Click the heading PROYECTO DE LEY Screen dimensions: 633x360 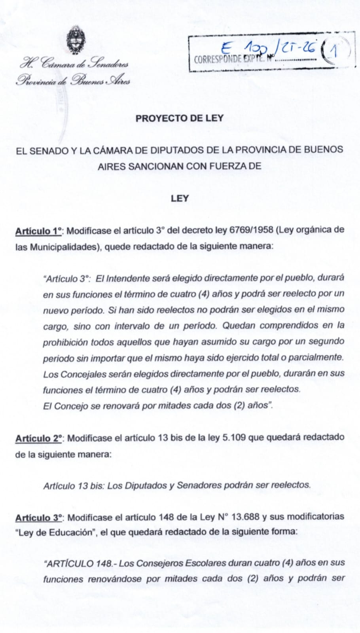pos(180,118)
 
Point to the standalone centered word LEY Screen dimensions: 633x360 pos(180,198)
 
